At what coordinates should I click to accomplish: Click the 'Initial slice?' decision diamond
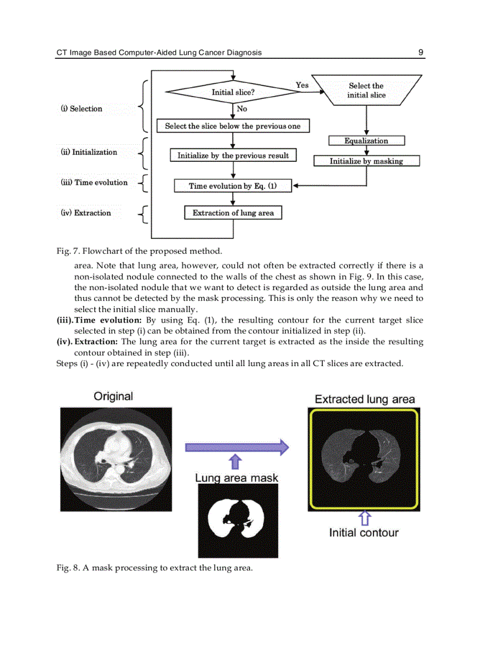pos(233,92)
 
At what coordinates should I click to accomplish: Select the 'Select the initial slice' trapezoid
pos(366,90)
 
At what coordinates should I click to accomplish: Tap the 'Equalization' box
pos(366,141)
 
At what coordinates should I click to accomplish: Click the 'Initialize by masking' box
pos(366,161)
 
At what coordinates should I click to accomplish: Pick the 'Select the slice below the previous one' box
pos(232,126)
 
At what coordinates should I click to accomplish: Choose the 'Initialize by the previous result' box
pos(233,155)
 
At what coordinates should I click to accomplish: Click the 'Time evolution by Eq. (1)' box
pos(233,186)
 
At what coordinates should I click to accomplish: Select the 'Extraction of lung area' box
pos(233,212)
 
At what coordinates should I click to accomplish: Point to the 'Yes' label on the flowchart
pos(302,85)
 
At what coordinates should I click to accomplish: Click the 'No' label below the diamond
pos(242,109)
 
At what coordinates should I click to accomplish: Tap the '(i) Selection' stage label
pos(81,109)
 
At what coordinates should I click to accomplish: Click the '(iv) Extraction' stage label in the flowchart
pos(85,213)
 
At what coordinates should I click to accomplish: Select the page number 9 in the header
pos(421,52)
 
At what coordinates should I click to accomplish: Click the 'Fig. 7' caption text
pos(139,251)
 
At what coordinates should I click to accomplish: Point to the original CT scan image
pos(116,459)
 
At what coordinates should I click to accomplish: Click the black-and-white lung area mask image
pos(238,521)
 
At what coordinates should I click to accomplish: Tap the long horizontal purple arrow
pos(236,447)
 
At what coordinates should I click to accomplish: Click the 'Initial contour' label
pos(364,533)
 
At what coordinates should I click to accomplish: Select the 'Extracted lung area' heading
pos(365,399)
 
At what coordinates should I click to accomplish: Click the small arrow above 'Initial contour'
pos(364,518)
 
